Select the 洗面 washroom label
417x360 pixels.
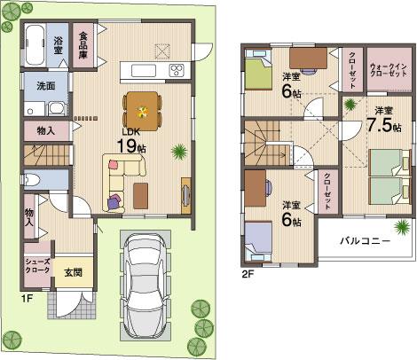pos(45,87)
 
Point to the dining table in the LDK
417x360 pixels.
pos(140,112)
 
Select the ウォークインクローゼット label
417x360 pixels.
pos(389,71)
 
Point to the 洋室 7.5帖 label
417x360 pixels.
pos(386,120)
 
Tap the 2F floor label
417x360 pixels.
pos(249,274)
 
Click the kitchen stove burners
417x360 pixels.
pos(175,69)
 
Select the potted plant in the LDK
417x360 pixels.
pos(180,152)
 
